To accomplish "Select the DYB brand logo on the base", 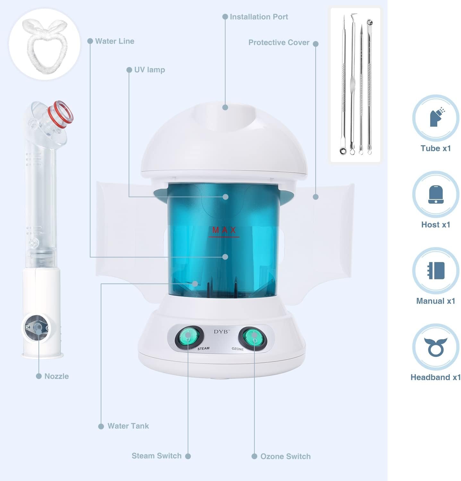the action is [x=221, y=332].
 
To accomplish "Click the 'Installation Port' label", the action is [x=259, y=17].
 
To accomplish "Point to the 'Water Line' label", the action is [x=115, y=41].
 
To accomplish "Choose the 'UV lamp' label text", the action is [x=149, y=70].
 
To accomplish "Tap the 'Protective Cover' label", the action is [x=279, y=42].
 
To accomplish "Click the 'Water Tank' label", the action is [x=128, y=426].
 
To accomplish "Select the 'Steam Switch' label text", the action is [x=157, y=456].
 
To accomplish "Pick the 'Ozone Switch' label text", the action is [x=286, y=456].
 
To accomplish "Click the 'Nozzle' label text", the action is [x=56, y=376].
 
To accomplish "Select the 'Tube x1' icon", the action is [x=436, y=118].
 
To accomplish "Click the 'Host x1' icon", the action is [x=436, y=194].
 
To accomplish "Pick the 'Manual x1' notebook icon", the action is [x=436, y=271].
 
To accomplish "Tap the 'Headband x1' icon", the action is [x=436, y=347].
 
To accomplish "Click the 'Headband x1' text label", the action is [x=436, y=377].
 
